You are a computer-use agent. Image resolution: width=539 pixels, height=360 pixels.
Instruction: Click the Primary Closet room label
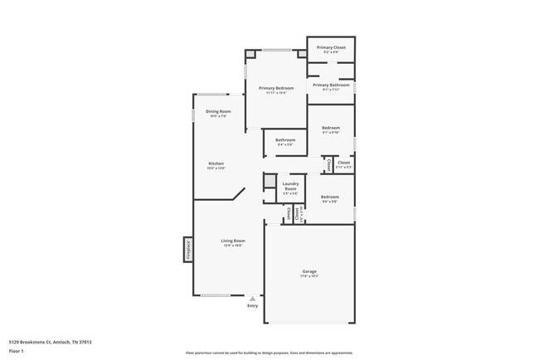coord(330,48)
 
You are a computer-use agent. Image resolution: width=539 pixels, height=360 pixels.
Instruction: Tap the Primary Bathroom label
coord(330,85)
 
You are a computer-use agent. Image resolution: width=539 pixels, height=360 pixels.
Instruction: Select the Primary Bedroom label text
coord(275,88)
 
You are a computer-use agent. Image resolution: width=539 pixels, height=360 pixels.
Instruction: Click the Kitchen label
coord(216,163)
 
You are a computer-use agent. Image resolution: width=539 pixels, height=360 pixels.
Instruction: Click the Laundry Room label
coord(290,187)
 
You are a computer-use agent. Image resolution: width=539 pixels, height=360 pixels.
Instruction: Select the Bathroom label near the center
coord(285,140)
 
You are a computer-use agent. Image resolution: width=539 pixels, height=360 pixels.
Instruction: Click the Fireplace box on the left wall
coord(187,248)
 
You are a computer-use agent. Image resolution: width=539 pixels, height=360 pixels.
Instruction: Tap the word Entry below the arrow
coord(253,305)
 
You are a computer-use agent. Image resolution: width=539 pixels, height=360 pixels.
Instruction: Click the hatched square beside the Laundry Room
coord(269,181)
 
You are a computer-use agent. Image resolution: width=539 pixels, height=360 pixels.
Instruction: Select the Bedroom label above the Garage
coord(329,197)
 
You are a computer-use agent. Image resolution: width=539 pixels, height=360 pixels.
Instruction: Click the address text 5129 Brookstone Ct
coord(50,341)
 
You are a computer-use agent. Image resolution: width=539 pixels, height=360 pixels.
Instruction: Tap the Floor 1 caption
coord(17,352)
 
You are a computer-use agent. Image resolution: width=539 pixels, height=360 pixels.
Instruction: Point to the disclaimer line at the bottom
coord(269,353)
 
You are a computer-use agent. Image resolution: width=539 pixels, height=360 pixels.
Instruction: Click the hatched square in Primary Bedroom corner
coord(250,56)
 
